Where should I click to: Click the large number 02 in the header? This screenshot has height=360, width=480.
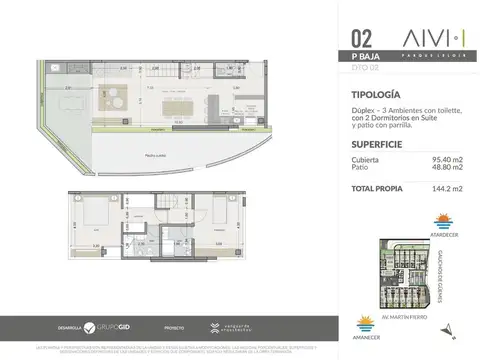(362, 40)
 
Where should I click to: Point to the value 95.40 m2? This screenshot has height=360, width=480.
(448, 160)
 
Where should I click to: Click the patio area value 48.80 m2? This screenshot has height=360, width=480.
(448, 168)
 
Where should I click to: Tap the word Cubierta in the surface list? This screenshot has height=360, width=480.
(365, 160)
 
